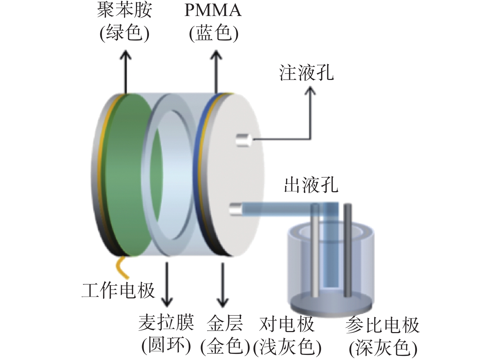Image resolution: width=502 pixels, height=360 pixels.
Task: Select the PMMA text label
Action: point(213,10)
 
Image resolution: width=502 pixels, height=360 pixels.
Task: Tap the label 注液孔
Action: point(306,73)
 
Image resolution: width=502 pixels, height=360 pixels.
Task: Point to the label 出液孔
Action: point(311,185)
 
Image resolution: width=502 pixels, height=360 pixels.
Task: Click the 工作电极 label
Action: point(118,290)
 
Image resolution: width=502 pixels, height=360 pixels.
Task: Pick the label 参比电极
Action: point(382,325)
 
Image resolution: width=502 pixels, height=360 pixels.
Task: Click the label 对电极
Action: point(287,324)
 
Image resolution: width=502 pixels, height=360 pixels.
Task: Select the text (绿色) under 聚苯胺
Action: point(124,34)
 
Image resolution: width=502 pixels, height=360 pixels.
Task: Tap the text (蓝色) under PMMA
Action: point(213,34)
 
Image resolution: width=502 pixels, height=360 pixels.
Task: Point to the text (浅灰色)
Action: point(287,348)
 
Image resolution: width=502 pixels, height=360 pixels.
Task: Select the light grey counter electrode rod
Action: point(315,250)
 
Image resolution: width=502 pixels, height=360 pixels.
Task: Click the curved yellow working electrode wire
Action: point(121,268)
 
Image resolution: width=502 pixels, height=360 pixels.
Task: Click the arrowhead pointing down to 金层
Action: point(222,302)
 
